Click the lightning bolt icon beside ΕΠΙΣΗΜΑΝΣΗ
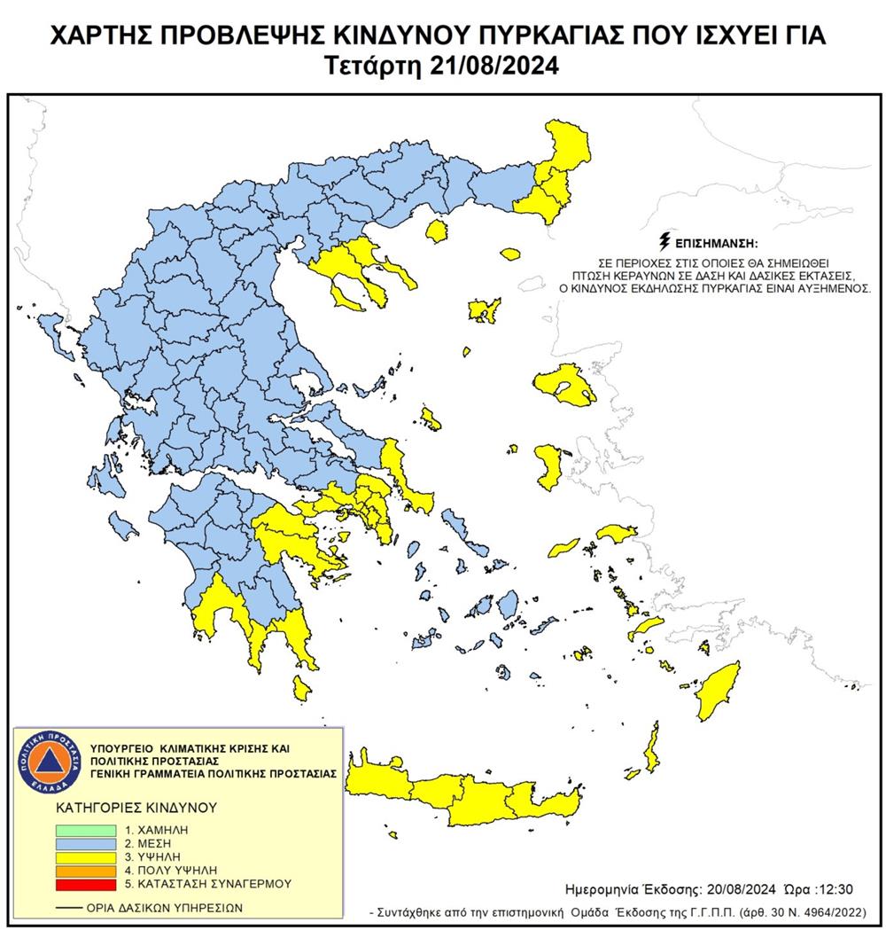click(664, 241)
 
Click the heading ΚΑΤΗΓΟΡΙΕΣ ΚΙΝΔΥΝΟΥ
click(124, 809)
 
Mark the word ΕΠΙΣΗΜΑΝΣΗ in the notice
click(719, 242)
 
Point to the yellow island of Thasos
click(435, 232)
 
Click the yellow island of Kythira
click(301, 687)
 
